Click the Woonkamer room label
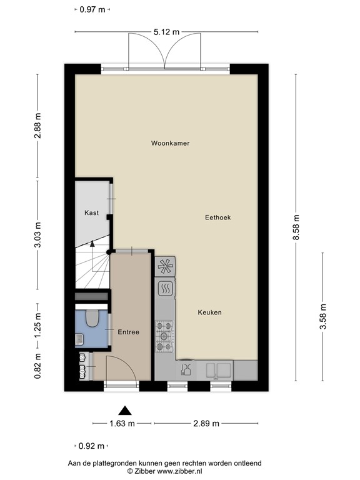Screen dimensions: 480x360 170,143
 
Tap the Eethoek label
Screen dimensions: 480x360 218,217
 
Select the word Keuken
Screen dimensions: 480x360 209,312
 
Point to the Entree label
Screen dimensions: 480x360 128,332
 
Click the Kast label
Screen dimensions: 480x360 91,213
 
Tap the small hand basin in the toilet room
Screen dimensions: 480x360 79,339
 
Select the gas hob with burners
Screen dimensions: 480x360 165,335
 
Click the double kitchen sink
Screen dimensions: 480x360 216,371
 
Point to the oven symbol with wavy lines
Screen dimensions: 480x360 165,289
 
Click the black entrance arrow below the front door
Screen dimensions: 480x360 126,411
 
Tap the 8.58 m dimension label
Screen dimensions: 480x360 296,230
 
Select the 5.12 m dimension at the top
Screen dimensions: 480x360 166,31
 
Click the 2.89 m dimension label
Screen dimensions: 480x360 206,424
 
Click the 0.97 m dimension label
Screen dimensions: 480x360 92,9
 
